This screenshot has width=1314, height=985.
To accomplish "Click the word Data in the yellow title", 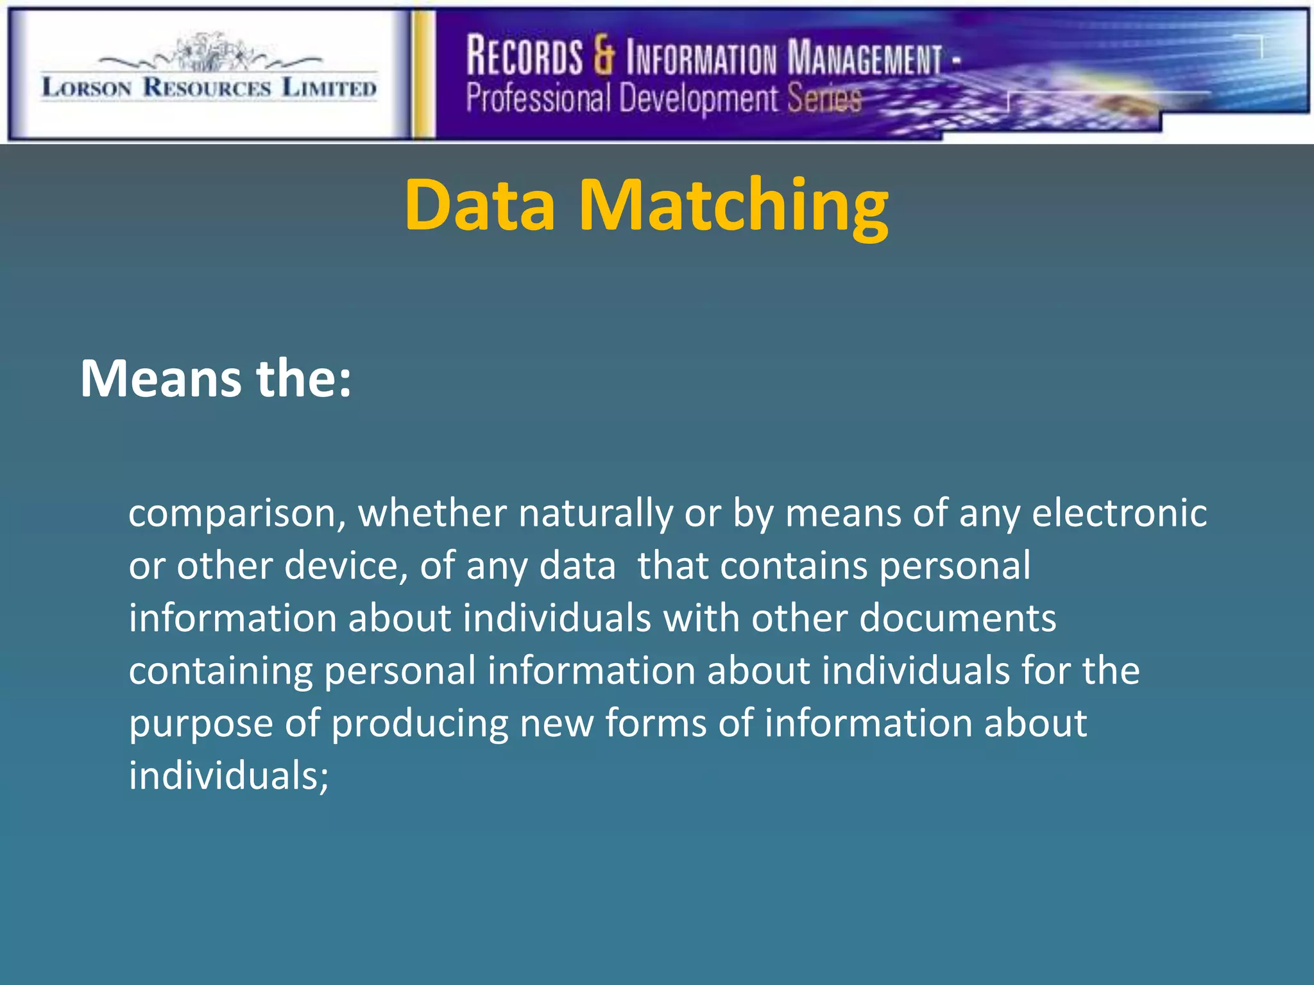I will point(480,205).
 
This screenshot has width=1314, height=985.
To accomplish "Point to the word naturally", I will point(595,514).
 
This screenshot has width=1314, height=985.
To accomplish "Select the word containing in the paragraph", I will point(221,672).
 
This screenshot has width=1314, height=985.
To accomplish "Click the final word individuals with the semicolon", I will point(228,776).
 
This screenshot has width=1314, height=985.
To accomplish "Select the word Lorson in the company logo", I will point(87,87).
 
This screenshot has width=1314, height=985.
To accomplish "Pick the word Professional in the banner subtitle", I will point(538,99).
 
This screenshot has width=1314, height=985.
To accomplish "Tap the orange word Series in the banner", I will point(824,99).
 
